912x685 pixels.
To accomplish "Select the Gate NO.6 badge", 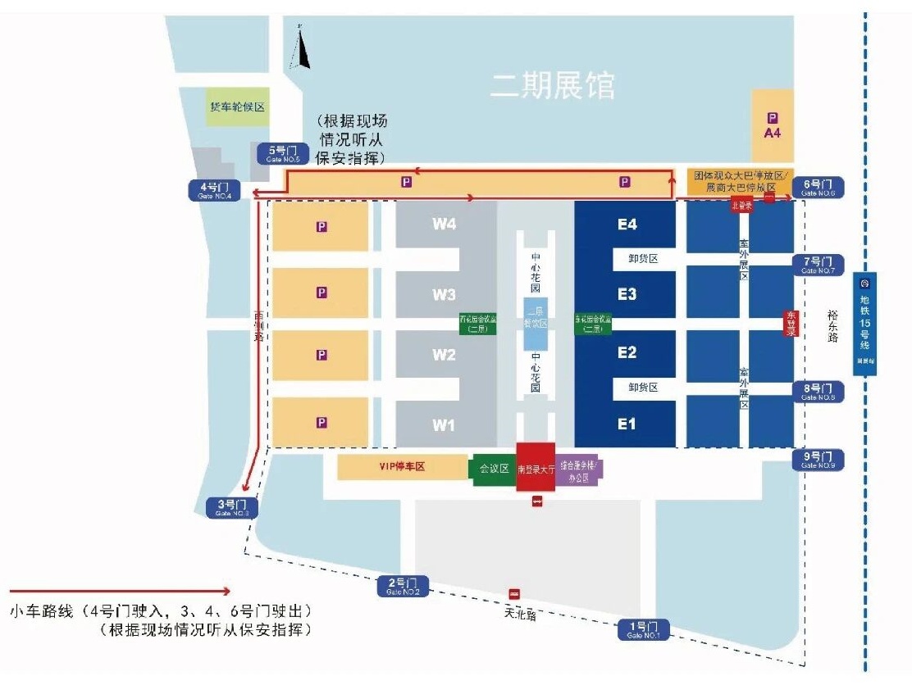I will [x=817, y=188].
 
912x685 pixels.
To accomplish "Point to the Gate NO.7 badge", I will [x=817, y=265].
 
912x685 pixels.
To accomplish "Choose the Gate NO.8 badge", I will [x=817, y=392].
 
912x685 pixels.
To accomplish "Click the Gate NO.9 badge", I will [x=817, y=460].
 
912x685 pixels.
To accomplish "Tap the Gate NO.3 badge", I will [x=232, y=507].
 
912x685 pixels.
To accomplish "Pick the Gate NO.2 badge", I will [x=403, y=586].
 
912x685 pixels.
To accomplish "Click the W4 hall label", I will [x=444, y=225].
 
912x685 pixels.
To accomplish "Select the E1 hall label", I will [x=627, y=424].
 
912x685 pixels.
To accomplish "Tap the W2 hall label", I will [x=444, y=355].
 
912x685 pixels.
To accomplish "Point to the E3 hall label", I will [x=627, y=294].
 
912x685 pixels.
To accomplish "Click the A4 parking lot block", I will [x=773, y=125].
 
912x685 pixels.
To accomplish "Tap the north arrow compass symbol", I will [x=301, y=49].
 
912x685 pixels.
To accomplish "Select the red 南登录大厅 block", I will [x=536, y=467].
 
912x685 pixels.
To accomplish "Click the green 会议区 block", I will [x=495, y=469].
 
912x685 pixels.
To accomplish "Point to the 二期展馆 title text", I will [x=552, y=85].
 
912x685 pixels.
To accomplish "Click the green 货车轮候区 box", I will [x=238, y=107].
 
